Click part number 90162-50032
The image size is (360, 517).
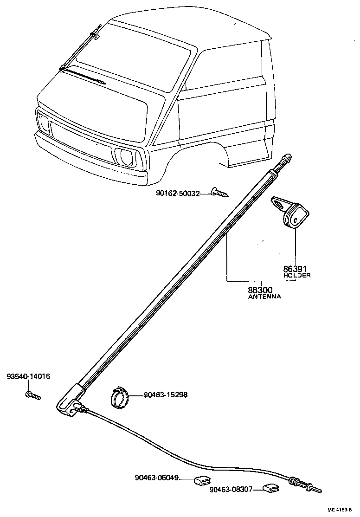(178, 193)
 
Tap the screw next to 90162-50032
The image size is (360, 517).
(219, 192)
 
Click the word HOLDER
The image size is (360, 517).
(297, 275)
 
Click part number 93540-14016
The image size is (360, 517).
(28, 376)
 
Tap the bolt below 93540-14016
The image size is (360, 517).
(33, 395)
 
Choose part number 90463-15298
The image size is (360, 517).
(166, 395)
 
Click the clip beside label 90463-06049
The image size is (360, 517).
(201, 480)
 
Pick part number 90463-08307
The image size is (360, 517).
(231, 489)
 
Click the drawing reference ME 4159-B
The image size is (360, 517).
(343, 510)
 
